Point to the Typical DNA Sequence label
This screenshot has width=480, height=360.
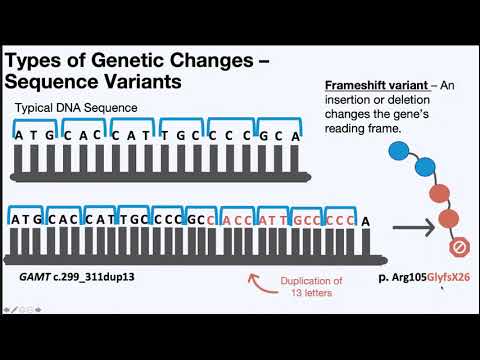pos(75,107)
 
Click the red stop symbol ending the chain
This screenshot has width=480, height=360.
pos(455,246)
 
